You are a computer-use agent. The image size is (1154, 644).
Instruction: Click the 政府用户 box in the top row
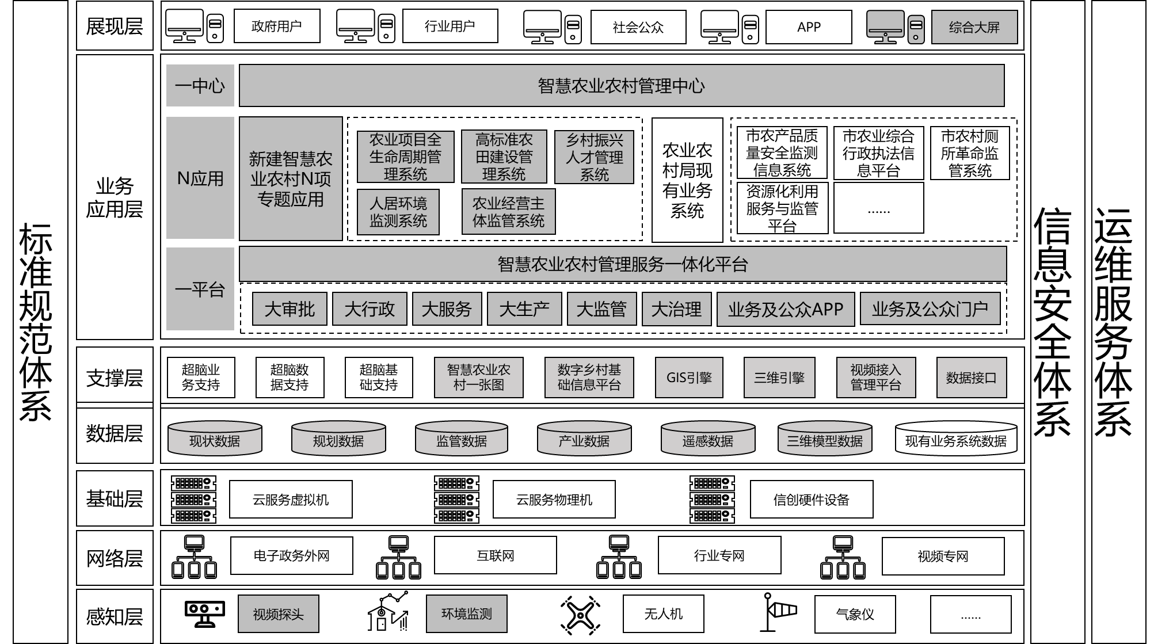tap(277, 26)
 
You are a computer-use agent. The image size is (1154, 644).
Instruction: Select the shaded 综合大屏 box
tap(974, 27)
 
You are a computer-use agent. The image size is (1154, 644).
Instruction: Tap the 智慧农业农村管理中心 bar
tap(622, 86)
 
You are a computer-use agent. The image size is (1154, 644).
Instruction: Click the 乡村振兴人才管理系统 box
tap(595, 157)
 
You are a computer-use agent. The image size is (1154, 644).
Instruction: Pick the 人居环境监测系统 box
tap(398, 212)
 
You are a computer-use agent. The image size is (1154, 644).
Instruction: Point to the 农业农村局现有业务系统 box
tap(687, 180)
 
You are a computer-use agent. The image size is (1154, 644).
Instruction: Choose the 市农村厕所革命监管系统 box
tap(970, 153)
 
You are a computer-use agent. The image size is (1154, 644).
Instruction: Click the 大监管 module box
tap(601, 309)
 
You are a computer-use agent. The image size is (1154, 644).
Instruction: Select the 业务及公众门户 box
tap(930, 309)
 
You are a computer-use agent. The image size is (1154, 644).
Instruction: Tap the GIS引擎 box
tap(689, 378)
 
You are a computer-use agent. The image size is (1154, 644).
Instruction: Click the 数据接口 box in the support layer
tap(972, 378)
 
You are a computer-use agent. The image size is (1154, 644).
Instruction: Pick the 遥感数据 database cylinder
tap(708, 437)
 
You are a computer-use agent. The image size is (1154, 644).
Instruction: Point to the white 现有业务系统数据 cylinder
tap(956, 437)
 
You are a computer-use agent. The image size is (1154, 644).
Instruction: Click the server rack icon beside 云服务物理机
tap(456, 499)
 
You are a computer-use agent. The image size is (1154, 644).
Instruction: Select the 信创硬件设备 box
tap(812, 500)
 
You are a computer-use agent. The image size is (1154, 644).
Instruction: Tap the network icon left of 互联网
tap(398, 557)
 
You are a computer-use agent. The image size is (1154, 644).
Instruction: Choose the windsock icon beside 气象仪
tap(780, 612)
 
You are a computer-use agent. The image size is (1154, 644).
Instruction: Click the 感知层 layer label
tap(115, 616)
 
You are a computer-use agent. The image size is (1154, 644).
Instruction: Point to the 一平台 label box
tap(200, 289)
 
